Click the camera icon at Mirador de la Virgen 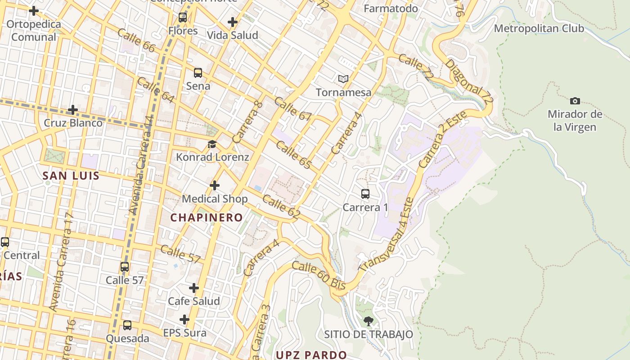click(575, 101)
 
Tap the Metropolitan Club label click(539, 28)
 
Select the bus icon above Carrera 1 click(365, 194)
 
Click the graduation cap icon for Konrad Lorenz click(212, 144)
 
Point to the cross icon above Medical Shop click(215, 185)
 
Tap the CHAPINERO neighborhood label click(207, 217)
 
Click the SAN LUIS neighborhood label click(71, 175)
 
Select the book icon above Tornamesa click(343, 79)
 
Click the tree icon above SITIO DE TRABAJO click(368, 321)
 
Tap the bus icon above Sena click(198, 73)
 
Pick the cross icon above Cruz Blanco click(73, 110)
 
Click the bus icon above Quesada click(127, 325)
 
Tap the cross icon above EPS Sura click(184, 319)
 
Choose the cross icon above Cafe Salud click(194, 288)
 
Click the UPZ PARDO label click(311, 355)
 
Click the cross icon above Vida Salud click(233, 22)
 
